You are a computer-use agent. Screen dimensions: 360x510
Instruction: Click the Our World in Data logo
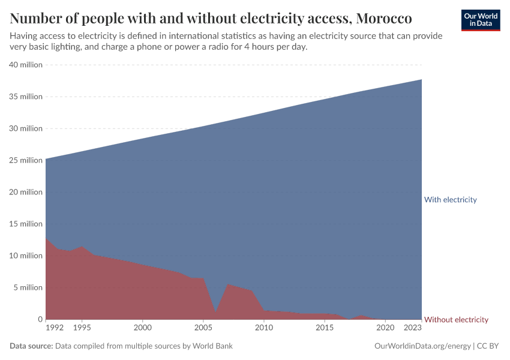click(x=481, y=20)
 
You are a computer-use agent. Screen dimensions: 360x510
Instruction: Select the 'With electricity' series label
click(x=450, y=200)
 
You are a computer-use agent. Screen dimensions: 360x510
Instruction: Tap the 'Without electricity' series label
click(x=456, y=320)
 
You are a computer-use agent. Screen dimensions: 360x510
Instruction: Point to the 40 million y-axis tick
click(x=25, y=65)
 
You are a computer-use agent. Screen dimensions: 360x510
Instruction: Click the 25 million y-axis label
click(x=25, y=160)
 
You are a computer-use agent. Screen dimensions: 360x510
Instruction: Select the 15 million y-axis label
click(x=25, y=224)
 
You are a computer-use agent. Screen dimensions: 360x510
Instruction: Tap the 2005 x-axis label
click(x=203, y=328)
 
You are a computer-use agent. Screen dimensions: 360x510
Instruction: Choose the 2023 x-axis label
click(x=412, y=328)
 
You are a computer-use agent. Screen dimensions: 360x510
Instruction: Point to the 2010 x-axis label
click(x=263, y=328)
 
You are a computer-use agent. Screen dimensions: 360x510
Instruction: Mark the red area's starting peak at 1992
click(x=46, y=239)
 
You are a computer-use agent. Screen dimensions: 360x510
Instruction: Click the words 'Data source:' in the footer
click(x=31, y=346)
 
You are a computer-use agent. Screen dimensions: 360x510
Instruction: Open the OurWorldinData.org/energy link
click(x=422, y=346)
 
